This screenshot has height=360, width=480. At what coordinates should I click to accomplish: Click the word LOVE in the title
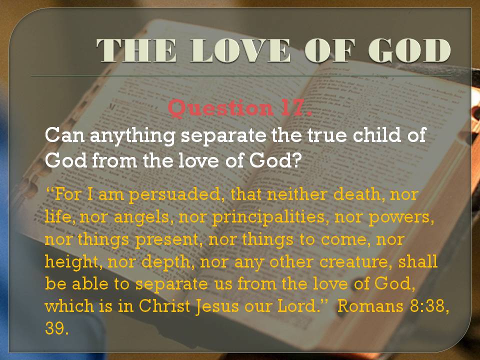(240, 50)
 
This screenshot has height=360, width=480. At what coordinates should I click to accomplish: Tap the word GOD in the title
(409, 50)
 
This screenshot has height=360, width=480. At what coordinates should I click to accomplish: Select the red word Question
(220, 108)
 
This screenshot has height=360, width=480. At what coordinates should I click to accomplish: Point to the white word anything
(132, 136)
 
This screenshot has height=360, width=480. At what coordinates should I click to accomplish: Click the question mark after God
(296, 160)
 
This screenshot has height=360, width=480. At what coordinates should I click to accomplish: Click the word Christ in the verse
(164, 305)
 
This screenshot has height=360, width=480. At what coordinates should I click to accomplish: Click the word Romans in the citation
(370, 305)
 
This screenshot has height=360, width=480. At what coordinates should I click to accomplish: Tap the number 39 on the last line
(55, 328)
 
